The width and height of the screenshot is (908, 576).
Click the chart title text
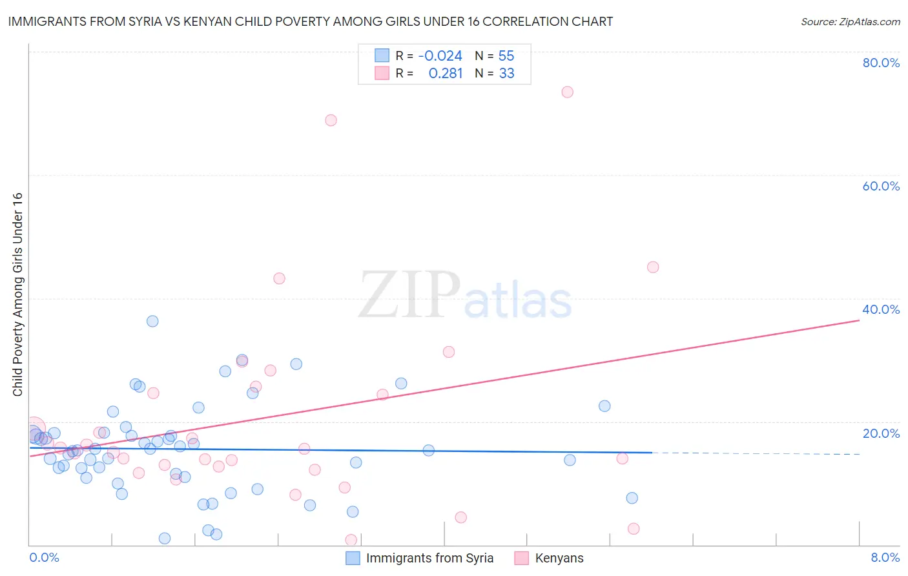tap(311, 21)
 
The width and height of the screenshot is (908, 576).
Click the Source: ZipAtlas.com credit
tap(850, 21)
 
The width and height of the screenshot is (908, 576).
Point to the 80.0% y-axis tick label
tap(881, 63)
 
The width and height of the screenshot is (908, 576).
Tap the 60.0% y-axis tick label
tap(881, 186)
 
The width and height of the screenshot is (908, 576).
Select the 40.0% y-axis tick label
tap(881, 309)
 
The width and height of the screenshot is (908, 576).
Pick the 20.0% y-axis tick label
tap(881, 433)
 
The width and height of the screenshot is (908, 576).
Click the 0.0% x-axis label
tap(44, 557)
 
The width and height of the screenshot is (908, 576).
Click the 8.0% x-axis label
tap(885, 557)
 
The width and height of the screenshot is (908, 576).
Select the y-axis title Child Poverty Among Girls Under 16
tap(17, 294)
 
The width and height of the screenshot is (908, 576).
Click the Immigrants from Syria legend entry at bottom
tap(429, 558)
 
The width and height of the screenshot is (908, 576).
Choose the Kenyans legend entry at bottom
tap(559, 558)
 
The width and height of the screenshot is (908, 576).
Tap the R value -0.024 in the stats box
tap(440, 56)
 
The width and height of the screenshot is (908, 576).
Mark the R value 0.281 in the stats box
tap(446, 74)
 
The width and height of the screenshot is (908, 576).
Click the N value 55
tap(506, 56)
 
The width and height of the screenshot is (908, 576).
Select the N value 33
tap(506, 74)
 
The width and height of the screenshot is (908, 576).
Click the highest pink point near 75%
tap(567, 92)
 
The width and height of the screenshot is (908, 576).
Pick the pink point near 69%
tap(331, 120)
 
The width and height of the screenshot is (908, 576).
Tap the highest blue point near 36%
tap(152, 321)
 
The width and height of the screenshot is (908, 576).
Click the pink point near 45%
tap(653, 267)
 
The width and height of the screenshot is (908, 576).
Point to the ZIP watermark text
tap(409, 295)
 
